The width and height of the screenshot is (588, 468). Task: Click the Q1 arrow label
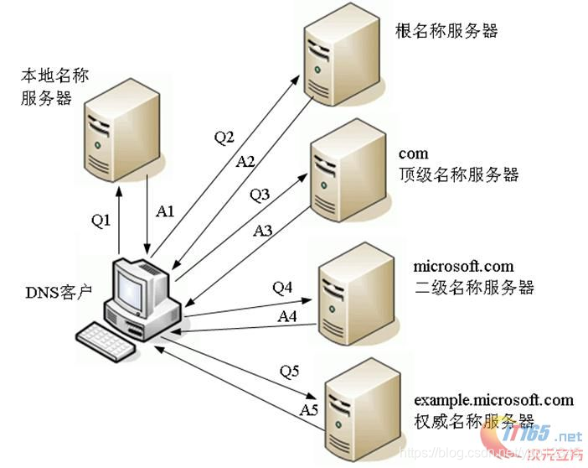click(101, 221)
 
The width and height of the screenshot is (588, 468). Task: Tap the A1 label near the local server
click(165, 212)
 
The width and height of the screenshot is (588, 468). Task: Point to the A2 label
click(245, 161)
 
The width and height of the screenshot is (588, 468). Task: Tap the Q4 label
click(282, 288)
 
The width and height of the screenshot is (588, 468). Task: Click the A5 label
click(308, 409)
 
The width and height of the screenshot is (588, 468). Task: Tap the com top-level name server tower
click(342, 179)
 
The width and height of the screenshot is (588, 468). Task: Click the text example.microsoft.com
click(493, 400)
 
